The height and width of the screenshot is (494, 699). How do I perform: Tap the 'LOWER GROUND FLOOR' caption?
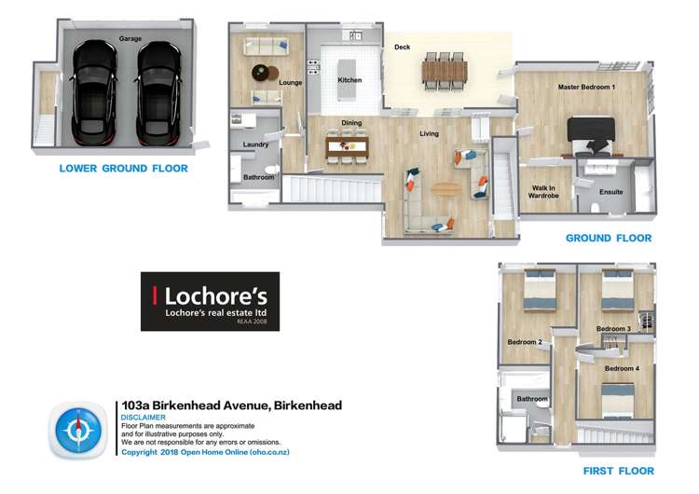click(123, 169)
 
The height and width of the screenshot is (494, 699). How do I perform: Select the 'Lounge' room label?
click(290, 83)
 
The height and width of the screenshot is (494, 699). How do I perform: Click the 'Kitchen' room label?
click(349, 80)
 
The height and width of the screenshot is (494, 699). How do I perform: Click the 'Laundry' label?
click(255, 145)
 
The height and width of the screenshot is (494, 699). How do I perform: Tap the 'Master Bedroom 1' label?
click(586, 87)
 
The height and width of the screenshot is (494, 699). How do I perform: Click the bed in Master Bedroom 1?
click(592, 134)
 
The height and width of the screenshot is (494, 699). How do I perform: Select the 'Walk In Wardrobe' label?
click(545, 192)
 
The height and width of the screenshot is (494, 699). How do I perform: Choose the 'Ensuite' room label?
click(611, 192)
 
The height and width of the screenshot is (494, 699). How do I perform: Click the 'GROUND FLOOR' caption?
click(609, 239)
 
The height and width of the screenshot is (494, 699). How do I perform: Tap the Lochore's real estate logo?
click(210, 301)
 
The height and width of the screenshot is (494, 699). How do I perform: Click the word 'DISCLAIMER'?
click(144, 418)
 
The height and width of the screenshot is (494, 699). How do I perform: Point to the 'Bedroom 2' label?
click(525, 342)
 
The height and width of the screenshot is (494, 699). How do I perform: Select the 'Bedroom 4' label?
click(622, 368)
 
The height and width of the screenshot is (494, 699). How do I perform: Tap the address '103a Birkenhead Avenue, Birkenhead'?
click(232, 405)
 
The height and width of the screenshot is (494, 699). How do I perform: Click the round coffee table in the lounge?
click(262, 71)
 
